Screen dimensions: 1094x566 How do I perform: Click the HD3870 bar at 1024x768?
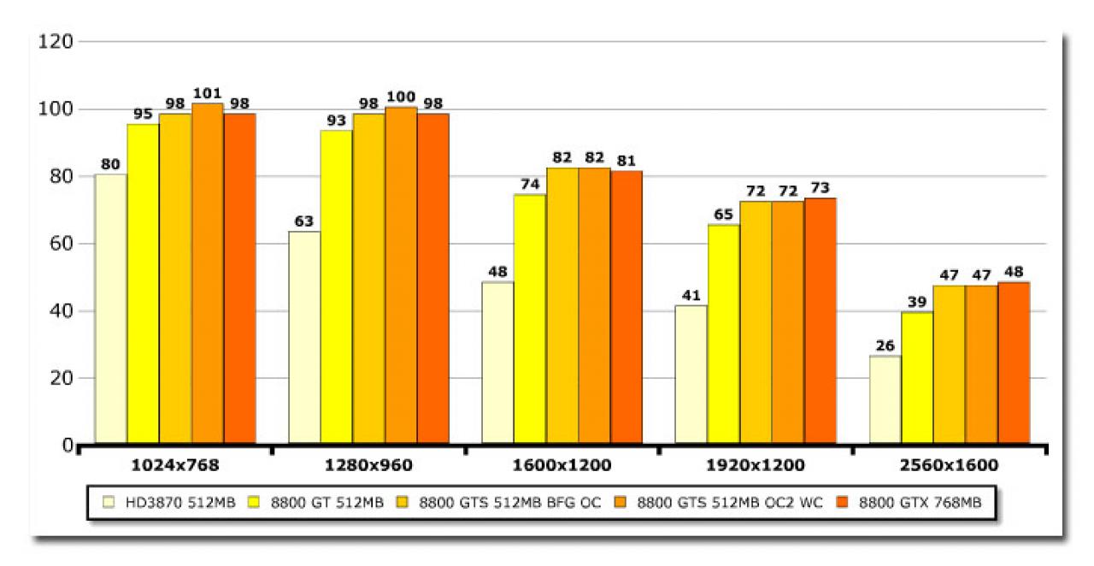click(x=111, y=309)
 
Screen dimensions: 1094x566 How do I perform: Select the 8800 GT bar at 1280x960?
click(x=337, y=287)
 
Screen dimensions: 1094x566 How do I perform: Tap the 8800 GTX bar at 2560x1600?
click(x=1014, y=363)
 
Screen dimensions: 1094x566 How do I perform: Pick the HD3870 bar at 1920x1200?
click(x=691, y=374)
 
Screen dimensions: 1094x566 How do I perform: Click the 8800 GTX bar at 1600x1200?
click(x=626, y=308)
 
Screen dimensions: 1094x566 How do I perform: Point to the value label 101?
click(x=208, y=93)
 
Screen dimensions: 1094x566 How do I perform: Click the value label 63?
click(x=303, y=221)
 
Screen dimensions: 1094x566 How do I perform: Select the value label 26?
click(x=885, y=345)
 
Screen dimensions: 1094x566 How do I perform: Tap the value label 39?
click(x=917, y=302)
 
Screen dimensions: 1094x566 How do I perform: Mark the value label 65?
click(x=723, y=215)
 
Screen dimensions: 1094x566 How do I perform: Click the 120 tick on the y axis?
click(x=56, y=42)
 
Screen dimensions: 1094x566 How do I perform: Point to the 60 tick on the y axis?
click(x=62, y=244)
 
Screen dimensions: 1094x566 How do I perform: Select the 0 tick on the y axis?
click(x=68, y=445)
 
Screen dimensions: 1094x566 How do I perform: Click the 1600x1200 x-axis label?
click(x=562, y=465)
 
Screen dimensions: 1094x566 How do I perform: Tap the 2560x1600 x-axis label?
click(x=949, y=465)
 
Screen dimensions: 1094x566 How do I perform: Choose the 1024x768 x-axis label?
click(x=175, y=465)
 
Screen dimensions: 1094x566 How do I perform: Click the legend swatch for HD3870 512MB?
click(x=109, y=502)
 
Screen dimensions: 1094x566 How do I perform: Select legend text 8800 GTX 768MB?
click(x=920, y=503)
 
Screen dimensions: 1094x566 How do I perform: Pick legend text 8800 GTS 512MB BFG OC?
click(x=510, y=503)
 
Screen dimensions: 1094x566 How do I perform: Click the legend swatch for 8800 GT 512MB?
click(x=254, y=502)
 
